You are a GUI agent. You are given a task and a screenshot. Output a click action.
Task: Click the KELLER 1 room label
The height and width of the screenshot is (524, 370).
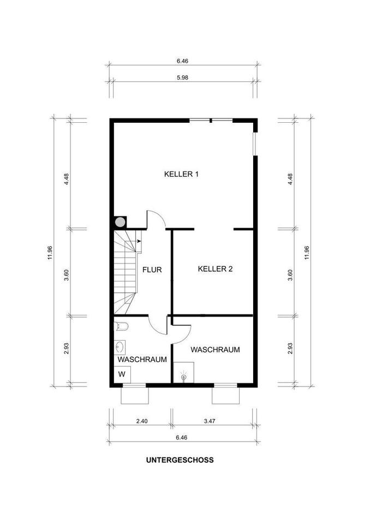pos(182,174)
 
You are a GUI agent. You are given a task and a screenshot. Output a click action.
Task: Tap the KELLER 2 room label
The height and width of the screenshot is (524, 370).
pos(215,269)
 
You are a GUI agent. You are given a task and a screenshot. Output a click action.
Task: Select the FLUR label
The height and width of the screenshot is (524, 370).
pos(152,270)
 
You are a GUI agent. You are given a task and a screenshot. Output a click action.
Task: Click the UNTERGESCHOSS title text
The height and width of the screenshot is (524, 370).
pos(180,460)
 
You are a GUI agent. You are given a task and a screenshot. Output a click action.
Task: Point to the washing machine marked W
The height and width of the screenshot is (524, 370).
pos(122,374)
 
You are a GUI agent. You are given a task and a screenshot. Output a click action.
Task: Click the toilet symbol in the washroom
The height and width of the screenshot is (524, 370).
pos(121,326)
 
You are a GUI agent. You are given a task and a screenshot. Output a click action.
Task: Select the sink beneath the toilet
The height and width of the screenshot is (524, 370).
pos(120,348)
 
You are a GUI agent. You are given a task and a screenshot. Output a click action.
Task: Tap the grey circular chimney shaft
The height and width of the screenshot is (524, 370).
pos(120,222)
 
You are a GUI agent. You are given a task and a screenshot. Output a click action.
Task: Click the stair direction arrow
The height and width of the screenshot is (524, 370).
pos(139,241)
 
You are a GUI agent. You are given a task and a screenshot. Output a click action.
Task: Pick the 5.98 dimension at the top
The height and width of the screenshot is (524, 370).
pos(182,78)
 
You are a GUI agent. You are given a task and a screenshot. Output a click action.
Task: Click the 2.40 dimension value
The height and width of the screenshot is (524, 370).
pos(142,421)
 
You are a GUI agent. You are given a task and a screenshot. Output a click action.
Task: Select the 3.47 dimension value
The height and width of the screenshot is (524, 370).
pos(209,421)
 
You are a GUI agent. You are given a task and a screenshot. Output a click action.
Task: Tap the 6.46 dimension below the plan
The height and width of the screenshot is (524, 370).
pos(182,437)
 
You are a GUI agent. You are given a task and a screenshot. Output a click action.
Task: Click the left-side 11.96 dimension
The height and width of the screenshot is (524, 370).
pos(50,253)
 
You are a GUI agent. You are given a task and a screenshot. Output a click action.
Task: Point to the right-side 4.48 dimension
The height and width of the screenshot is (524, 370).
pos(290,180)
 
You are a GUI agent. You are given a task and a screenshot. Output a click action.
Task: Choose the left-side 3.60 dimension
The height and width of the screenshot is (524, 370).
pos(67,275)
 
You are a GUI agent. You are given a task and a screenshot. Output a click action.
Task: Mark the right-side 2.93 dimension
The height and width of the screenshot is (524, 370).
pos(290,349)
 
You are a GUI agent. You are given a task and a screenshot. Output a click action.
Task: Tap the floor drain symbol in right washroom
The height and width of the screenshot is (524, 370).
pos(183,376)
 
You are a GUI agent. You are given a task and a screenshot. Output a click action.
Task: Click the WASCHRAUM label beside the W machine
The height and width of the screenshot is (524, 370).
pos(142,360)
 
